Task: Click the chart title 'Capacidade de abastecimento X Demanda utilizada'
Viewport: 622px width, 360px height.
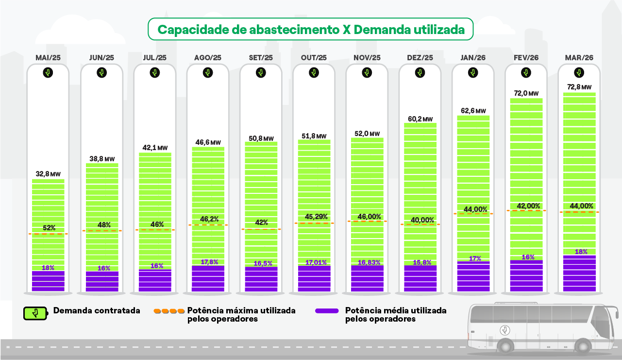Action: point(311,30)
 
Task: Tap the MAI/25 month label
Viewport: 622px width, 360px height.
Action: point(48,57)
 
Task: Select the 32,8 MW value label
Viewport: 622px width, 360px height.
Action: point(48,174)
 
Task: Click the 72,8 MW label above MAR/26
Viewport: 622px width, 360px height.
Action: point(579,87)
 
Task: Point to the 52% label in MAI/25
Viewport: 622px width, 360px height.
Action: point(49,228)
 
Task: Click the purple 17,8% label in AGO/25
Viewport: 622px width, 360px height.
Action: point(207,262)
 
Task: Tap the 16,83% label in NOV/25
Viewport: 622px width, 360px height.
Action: point(367,262)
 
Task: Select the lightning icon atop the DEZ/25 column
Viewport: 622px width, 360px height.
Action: point(420,73)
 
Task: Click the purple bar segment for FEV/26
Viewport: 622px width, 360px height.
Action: point(526,276)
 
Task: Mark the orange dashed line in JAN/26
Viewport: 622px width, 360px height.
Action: point(473,214)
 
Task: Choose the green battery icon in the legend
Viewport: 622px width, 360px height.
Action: point(36,313)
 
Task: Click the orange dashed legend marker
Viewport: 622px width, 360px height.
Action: point(168,310)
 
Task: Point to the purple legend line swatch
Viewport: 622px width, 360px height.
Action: point(327,310)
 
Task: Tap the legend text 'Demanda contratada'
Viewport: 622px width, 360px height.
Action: point(97,310)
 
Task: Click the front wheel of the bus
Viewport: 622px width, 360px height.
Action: point(505,346)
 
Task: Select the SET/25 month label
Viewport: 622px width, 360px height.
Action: point(261,57)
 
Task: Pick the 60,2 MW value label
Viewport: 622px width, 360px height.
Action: point(420,119)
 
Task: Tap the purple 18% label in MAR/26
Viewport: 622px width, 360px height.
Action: point(581,252)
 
